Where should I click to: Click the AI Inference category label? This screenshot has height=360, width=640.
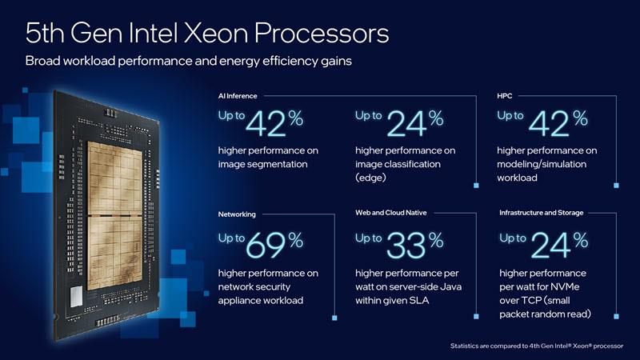[x=238, y=96]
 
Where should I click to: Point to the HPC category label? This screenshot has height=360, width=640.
[x=505, y=96]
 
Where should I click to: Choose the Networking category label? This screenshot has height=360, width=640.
[x=238, y=214]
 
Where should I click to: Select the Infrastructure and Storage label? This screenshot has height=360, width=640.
[x=542, y=213]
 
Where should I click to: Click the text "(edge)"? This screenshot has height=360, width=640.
[x=372, y=178]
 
